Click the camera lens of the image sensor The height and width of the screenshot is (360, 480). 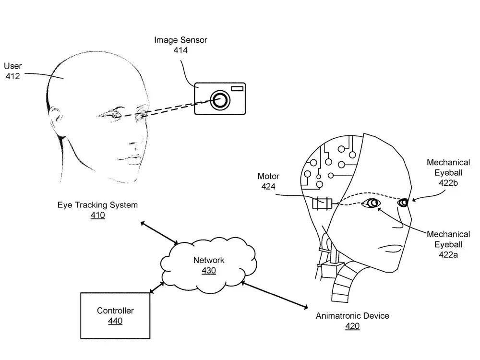[220, 100]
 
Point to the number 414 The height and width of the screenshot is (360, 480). [180, 50]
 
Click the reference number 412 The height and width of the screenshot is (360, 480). [12, 76]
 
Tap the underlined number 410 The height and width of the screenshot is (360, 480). [97, 215]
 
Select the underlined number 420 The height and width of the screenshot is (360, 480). [352, 326]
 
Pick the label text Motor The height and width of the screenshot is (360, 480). [268, 176]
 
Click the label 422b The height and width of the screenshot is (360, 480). [448, 183]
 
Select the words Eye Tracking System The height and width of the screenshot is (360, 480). [97, 205]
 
